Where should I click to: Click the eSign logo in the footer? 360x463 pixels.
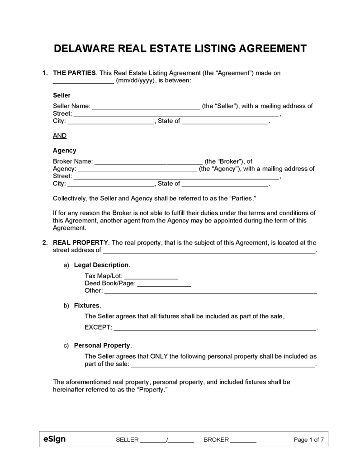(54, 439)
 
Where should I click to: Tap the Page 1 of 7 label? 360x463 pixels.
(309, 439)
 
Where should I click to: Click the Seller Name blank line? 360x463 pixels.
(146, 106)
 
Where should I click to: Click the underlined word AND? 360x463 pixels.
(60, 135)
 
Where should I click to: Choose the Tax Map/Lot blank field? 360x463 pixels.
(151, 276)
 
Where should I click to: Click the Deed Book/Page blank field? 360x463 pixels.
(164, 283)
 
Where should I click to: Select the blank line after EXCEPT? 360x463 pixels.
(214, 327)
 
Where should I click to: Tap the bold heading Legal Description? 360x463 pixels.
(101, 265)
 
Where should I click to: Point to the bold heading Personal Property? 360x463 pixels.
(102, 345)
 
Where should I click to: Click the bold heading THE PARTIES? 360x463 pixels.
(74, 73)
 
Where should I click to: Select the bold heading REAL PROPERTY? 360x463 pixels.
(81, 242)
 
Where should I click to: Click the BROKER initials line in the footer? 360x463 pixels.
(243, 440)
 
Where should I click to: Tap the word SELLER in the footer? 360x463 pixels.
(127, 439)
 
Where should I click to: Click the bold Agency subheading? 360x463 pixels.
(65, 151)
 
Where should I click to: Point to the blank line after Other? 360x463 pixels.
(211, 291)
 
